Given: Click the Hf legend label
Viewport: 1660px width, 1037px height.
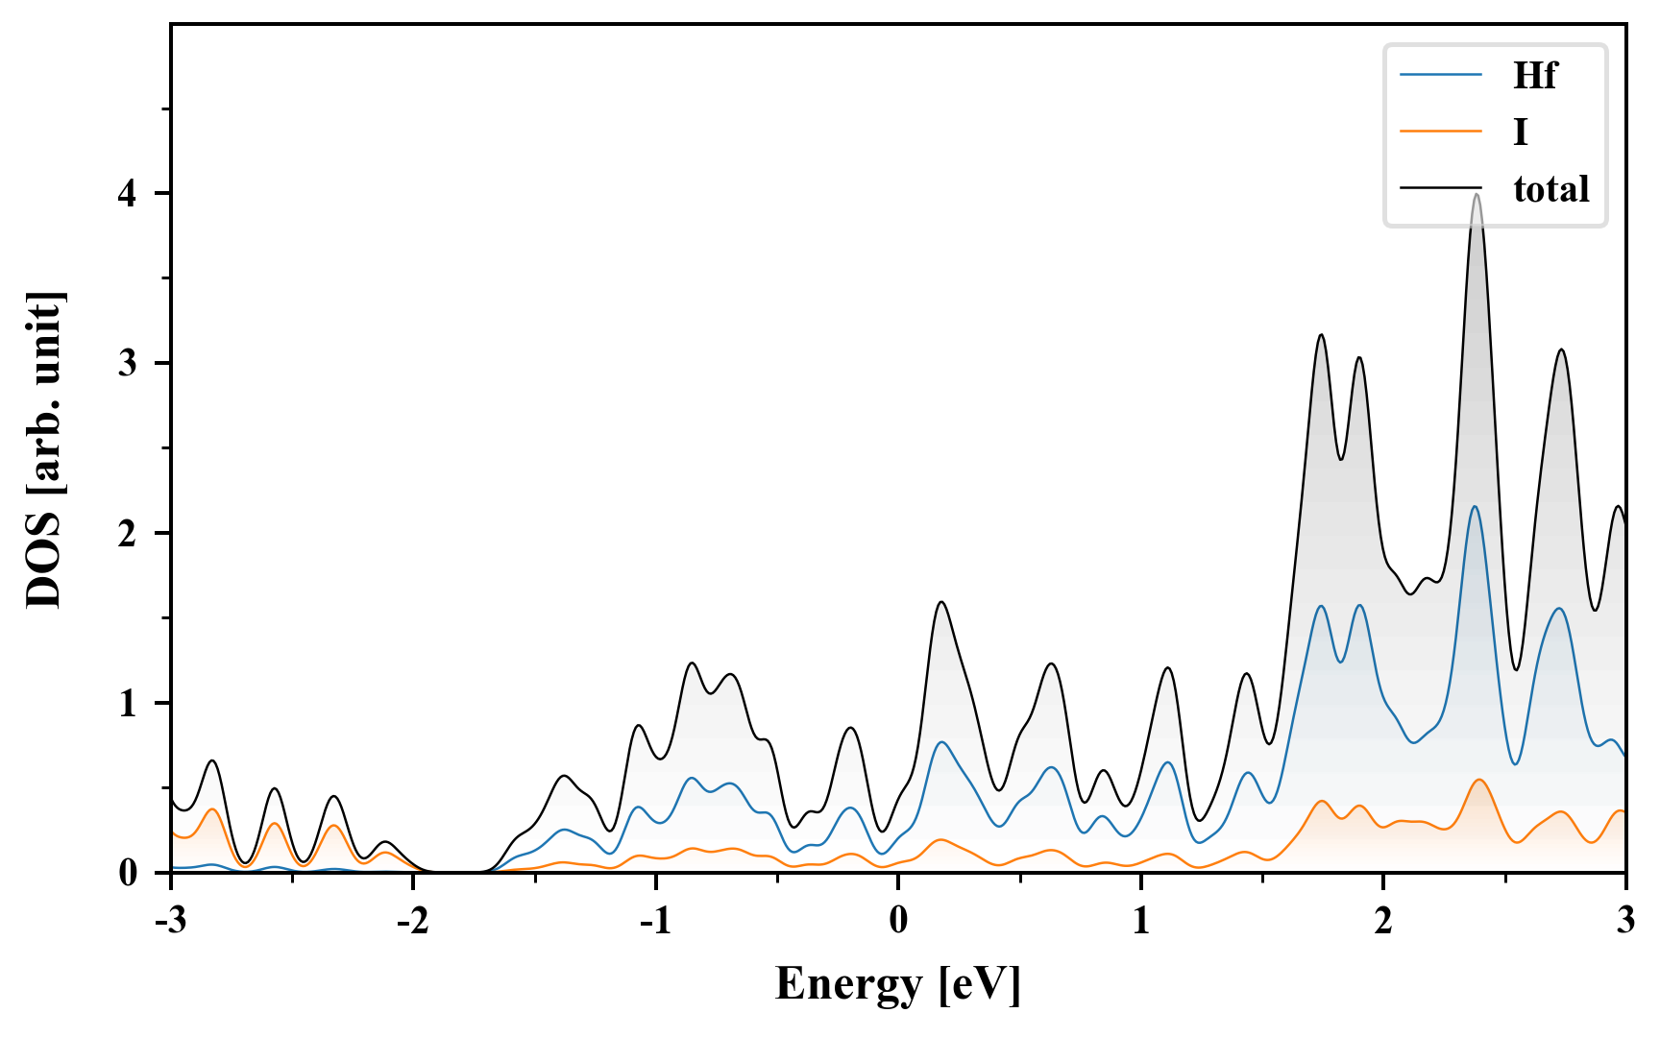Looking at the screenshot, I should point(1534,75).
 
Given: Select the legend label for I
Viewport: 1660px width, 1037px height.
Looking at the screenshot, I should point(1520,132).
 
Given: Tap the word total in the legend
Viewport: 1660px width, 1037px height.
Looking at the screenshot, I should point(1551,188).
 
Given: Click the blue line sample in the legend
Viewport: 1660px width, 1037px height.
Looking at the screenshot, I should point(1441,75).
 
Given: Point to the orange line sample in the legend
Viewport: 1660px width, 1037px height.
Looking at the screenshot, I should point(1441,131).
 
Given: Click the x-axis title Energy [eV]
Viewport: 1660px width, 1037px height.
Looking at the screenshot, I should point(898,984).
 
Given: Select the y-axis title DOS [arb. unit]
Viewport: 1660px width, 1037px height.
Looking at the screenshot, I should point(44,449).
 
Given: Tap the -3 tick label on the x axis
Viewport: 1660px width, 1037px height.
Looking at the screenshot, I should point(171,920).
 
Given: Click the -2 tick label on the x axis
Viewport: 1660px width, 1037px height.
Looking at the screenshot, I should point(413,920).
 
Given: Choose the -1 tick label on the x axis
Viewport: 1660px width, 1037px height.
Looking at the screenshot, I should point(655,920).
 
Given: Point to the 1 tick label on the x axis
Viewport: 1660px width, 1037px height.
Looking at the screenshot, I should point(1141,920).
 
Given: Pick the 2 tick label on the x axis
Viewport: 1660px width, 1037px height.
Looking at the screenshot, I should point(1383,920).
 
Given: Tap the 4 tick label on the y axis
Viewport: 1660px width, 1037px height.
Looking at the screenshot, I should point(128,194).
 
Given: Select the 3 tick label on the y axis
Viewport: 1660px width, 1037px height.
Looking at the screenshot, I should point(128,364).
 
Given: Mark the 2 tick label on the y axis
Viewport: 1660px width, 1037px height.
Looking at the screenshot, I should point(128,534).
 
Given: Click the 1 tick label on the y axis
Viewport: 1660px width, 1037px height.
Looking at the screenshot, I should point(128,704).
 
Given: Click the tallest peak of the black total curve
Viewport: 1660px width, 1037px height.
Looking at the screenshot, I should point(1477,195).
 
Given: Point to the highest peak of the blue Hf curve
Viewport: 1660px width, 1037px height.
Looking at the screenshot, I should point(1475,507).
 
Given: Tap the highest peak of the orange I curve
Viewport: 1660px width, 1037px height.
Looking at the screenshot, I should point(1478,780).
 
